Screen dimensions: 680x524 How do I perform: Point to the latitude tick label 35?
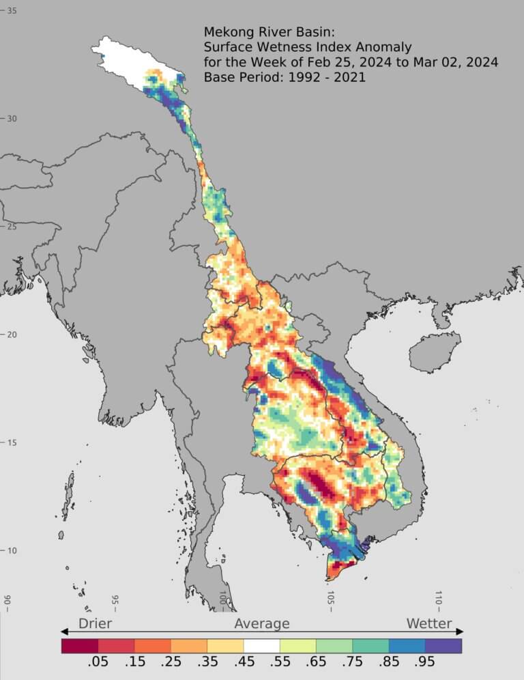click(x=12, y=10)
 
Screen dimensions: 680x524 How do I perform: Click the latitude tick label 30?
click(x=12, y=118)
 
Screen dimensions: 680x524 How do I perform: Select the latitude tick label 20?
click(x=12, y=335)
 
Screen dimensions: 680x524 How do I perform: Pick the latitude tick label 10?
click(x=12, y=551)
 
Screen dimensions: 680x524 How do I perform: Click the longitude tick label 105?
click(x=330, y=598)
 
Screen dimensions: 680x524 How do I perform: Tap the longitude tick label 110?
click(x=438, y=598)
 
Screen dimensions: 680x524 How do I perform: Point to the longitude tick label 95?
click(x=115, y=599)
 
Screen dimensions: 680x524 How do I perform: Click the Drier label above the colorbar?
click(x=95, y=623)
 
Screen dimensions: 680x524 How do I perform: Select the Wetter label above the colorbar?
click(x=429, y=623)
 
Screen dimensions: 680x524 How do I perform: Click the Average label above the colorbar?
click(x=262, y=623)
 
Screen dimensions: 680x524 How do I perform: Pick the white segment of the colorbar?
click(x=262, y=645)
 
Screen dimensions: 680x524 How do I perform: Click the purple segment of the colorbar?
click(x=443, y=645)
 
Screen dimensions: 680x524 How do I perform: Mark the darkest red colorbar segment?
click(x=80, y=645)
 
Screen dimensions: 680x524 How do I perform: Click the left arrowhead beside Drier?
click(x=65, y=632)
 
